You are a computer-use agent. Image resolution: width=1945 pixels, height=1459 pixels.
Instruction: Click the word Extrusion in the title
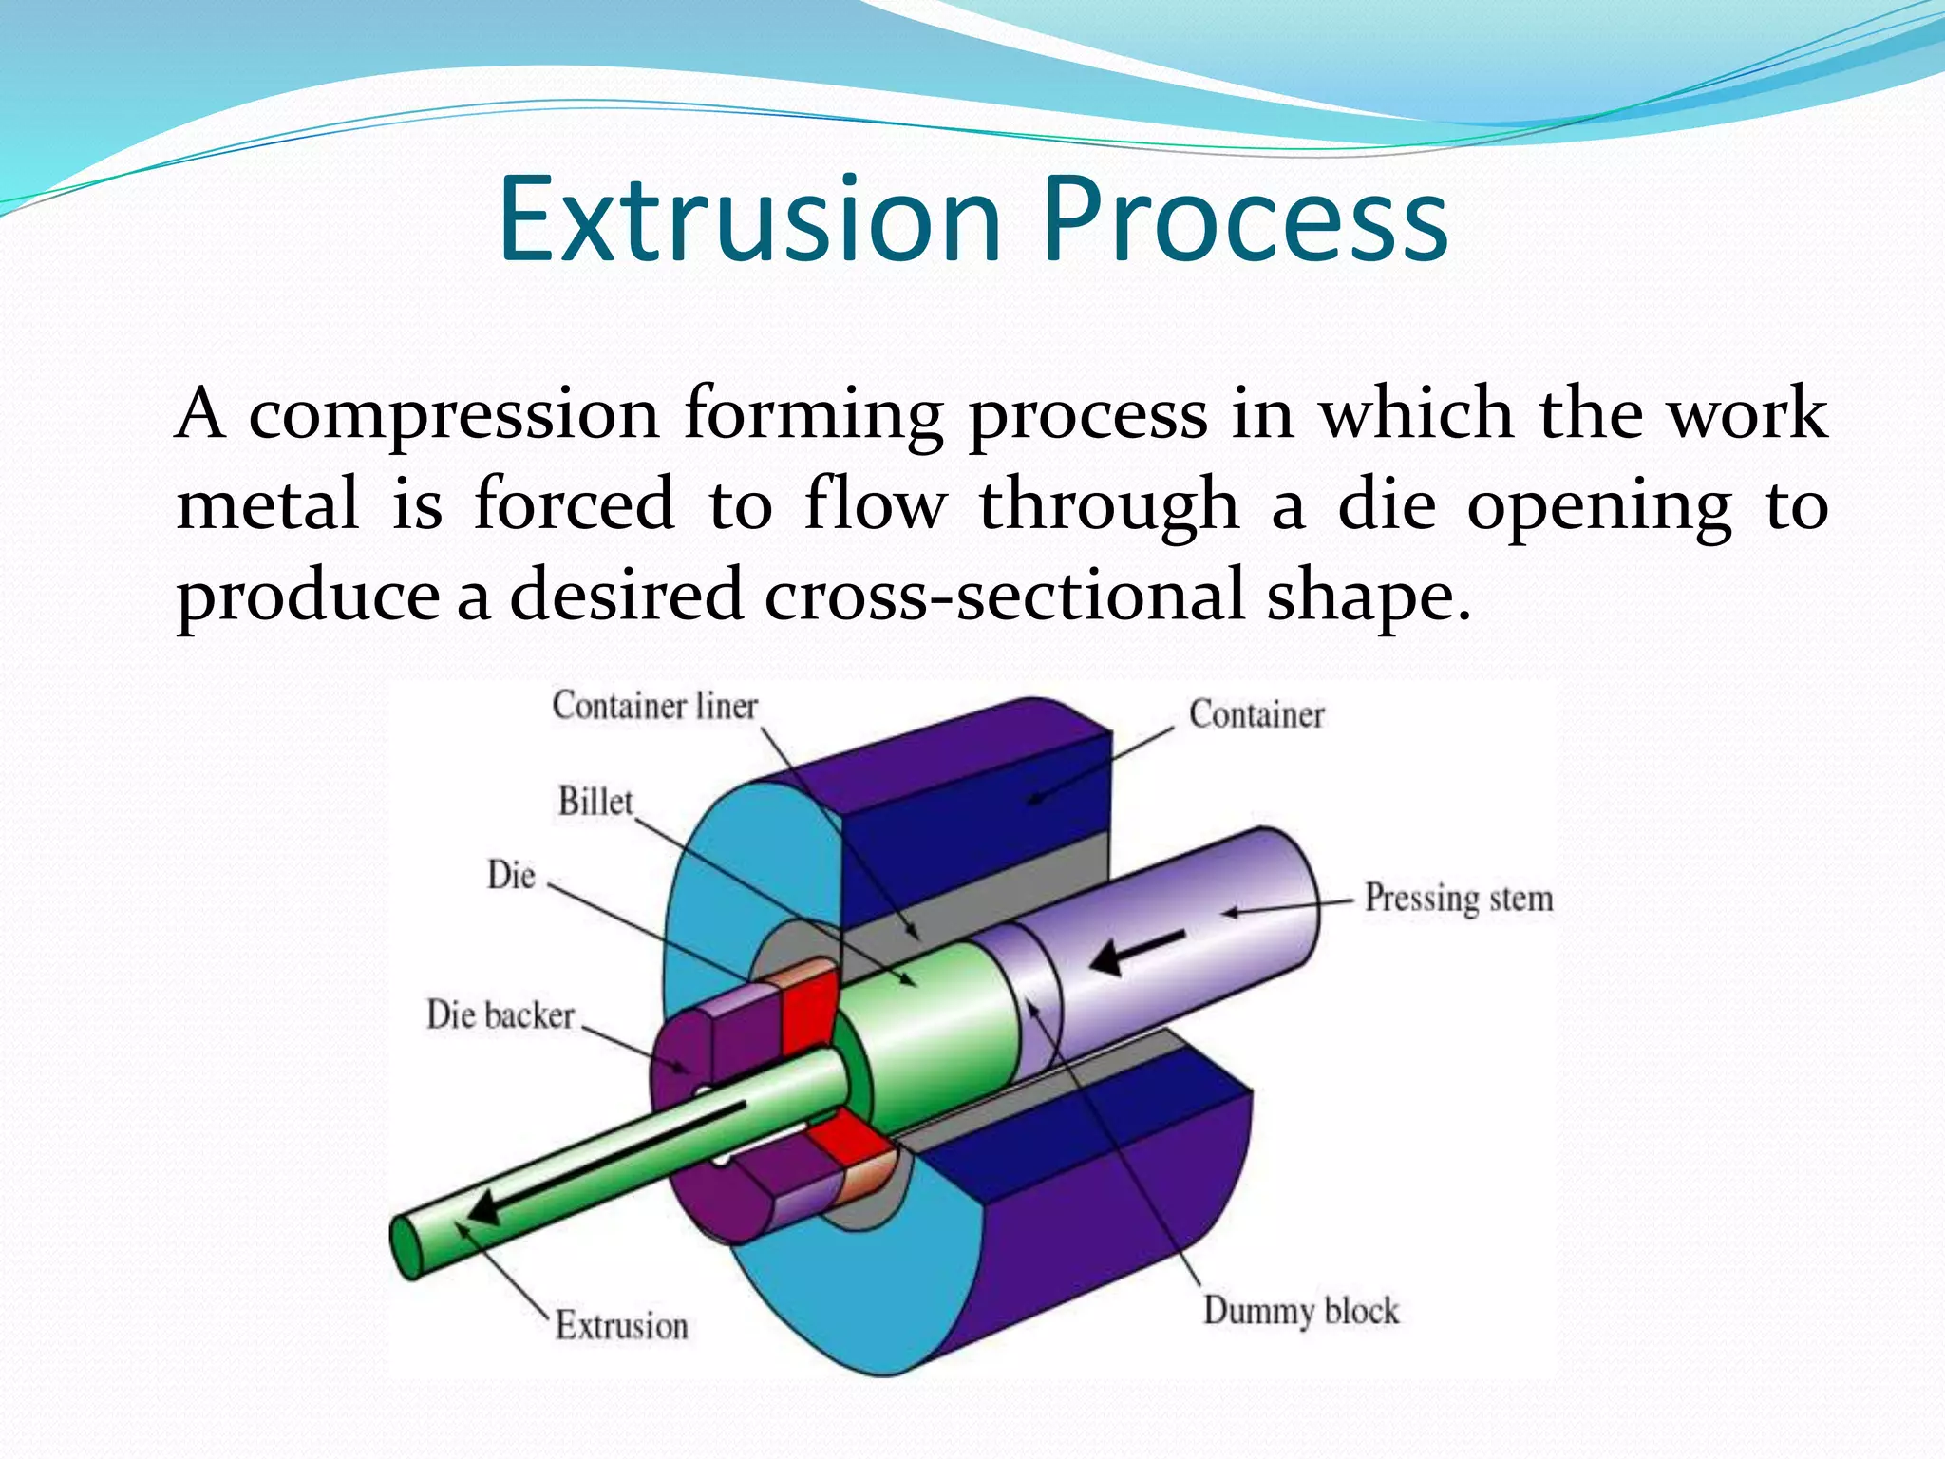[750, 220]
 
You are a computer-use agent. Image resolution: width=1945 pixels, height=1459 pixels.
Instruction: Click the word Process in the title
[1245, 220]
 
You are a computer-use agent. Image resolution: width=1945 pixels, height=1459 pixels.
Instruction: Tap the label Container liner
[655, 706]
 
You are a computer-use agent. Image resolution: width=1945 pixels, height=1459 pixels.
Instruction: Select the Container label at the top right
[1256, 714]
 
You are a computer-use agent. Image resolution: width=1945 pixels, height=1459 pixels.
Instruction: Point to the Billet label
[595, 802]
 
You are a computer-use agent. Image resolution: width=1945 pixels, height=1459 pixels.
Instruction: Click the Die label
[511, 875]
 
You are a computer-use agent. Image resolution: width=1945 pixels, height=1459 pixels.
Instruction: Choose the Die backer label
[500, 1014]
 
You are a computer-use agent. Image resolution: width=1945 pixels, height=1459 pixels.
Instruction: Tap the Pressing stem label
[1458, 898]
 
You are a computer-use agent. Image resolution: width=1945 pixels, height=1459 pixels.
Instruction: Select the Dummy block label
[1300, 1311]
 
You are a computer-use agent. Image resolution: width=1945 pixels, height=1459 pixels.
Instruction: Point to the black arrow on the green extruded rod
[608, 1165]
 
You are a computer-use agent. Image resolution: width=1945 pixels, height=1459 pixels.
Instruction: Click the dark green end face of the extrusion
[406, 1248]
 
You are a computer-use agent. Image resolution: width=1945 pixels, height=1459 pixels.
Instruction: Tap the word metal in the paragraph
[268, 504]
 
